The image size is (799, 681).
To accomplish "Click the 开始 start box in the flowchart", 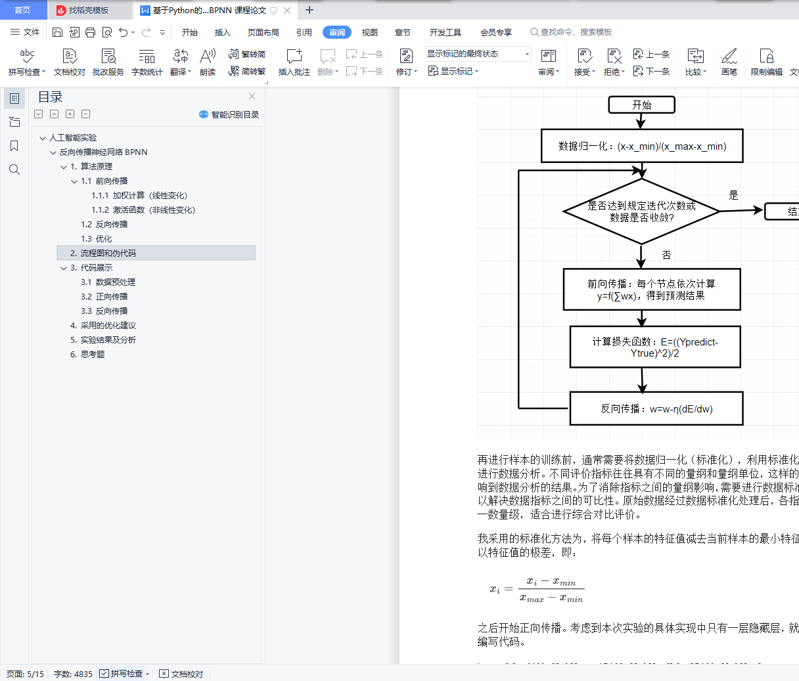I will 641,105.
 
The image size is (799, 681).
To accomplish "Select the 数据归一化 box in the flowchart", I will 642,146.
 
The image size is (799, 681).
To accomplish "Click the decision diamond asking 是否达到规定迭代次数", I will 641,211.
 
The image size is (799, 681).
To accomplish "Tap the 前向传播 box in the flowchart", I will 651,290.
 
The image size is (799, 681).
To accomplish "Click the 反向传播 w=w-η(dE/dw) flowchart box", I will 656,408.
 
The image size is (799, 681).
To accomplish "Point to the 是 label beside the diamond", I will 734,195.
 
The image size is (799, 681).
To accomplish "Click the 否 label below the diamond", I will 666,255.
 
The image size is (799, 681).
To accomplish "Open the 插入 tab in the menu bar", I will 223,32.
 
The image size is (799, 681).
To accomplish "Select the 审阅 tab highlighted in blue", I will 337,32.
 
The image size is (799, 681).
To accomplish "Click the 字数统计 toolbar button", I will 147,62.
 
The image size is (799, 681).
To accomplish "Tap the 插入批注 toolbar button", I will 294,62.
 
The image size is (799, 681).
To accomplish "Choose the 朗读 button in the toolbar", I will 208,62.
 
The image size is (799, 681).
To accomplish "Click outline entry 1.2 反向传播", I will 104,225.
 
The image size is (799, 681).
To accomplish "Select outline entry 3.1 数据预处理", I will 108,282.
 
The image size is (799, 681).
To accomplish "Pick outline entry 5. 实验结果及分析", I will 103,340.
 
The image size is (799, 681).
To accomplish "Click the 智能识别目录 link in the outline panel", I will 229,114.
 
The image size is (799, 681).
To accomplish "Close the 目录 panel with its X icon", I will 252,97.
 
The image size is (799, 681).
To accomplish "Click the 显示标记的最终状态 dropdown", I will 478,54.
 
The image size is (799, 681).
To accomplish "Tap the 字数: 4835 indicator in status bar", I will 73,674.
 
